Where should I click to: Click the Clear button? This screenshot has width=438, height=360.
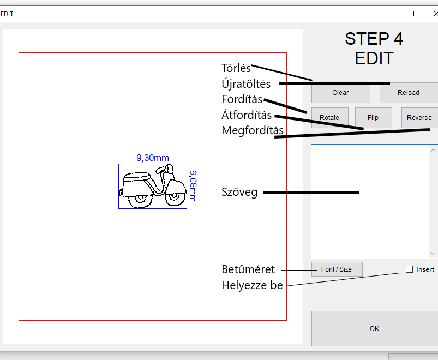341,93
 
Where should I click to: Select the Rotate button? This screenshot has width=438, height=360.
329,118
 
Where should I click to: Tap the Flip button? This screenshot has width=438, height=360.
373,118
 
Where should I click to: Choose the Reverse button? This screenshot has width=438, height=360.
419,118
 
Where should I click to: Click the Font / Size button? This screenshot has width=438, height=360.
337,269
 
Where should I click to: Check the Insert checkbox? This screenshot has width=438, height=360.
409,269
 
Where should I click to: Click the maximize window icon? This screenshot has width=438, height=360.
411,14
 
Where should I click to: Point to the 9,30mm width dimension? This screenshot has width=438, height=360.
153,158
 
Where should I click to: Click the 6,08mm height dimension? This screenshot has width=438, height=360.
193,186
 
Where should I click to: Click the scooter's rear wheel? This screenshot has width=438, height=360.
140,200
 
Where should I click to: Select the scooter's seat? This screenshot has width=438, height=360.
137,177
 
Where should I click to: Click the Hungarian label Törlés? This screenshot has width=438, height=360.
236,68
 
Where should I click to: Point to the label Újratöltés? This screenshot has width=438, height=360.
246,83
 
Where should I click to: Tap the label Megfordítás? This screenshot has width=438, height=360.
253,130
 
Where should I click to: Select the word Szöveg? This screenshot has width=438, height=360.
239,193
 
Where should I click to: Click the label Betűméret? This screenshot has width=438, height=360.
248,269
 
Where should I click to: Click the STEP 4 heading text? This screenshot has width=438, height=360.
374,39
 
